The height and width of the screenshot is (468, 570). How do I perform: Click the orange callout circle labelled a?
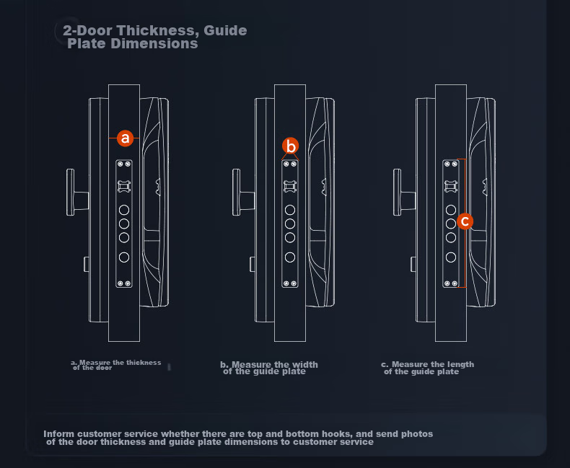pyautogui.click(x=125, y=138)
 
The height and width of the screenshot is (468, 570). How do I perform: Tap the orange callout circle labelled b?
pyautogui.click(x=291, y=146)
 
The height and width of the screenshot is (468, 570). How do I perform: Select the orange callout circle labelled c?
pyautogui.click(x=465, y=221)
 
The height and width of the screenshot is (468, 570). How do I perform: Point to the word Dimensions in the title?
pyautogui.click(x=154, y=43)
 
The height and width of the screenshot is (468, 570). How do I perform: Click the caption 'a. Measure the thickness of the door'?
pyautogui.click(x=116, y=365)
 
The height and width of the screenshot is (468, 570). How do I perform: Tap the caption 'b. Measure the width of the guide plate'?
pyautogui.click(x=269, y=368)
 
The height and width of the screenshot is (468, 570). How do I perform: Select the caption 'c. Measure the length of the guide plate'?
pyautogui.click(x=427, y=368)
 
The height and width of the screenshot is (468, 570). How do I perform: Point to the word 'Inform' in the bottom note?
pyautogui.click(x=59, y=434)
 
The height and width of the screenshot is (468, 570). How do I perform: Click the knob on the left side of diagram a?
pyautogui.click(x=77, y=193)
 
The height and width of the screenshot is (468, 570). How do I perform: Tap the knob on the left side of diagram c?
pyautogui.click(x=404, y=193)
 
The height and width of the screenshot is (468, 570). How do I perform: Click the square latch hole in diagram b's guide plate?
pyautogui.click(x=290, y=186)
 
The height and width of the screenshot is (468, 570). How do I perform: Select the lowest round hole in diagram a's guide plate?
pyautogui.click(x=124, y=257)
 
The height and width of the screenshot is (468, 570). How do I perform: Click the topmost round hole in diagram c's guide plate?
pyautogui.click(x=451, y=210)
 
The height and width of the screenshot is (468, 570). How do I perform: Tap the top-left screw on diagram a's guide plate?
pyautogui.click(x=120, y=164)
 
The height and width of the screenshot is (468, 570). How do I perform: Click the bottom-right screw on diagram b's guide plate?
pyautogui.click(x=294, y=283)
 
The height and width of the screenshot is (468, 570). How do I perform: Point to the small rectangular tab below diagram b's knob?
pyautogui.click(x=253, y=264)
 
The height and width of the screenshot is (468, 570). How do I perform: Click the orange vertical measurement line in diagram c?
pyautogui.click(x=465, y=223)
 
